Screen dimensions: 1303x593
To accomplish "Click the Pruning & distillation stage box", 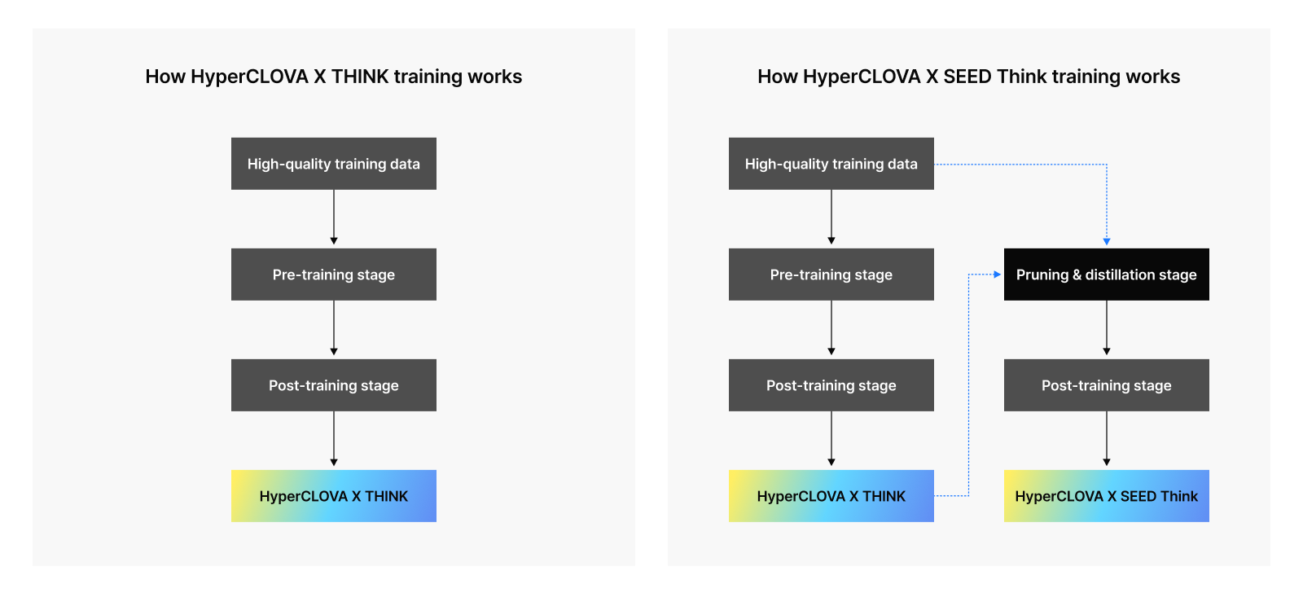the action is (x=1107, y=275).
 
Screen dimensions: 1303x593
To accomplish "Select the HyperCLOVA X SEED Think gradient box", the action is (x=1107, y=496).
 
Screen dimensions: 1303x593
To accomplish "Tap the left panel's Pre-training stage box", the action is (x=334, y=275).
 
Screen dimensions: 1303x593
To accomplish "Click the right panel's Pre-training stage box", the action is (x=831, y=275).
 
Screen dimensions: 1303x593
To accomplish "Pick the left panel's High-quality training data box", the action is (x=334, y=164).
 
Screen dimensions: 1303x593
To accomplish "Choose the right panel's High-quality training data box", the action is (x=831, y=164).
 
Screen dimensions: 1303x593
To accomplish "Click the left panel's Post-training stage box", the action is (x=334, y=385).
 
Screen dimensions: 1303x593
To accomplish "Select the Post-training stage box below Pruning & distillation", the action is (x=1107, y=385).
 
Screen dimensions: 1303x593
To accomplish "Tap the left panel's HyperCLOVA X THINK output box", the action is (x=334, y=496).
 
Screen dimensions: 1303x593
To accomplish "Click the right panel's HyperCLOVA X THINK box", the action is (x=831, y=496).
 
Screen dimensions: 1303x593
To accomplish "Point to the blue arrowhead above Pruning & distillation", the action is (x=1107, y=241).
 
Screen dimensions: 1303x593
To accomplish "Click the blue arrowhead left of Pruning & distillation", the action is (x=998, y=275).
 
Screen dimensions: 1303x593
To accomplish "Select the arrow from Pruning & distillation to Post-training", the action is (x=1107, y=328).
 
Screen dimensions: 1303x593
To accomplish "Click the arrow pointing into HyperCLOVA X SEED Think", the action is (x=1107, y=439).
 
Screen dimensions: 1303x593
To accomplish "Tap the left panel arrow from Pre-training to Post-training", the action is (x=334, y=328).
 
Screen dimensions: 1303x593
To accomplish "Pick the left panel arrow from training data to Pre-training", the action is (x=334, y=217).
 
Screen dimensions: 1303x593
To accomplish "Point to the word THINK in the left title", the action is (x=360, y=77).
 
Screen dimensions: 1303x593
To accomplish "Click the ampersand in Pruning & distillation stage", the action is (x=1077, y=275).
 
